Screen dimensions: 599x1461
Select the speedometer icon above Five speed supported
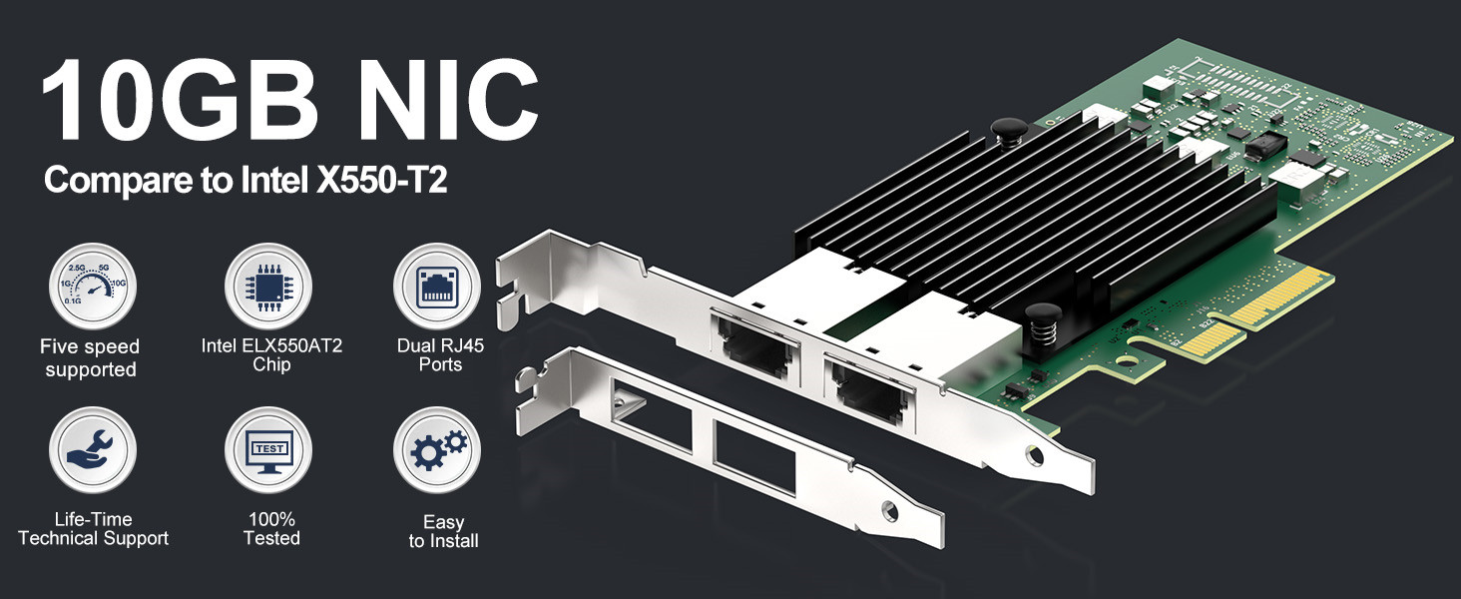point(92,288)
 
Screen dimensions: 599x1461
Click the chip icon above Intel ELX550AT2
point(267,288)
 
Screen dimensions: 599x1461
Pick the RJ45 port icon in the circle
point(436,288)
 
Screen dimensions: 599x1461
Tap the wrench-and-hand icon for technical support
point(92,450)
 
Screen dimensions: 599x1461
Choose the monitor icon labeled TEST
point(267,450)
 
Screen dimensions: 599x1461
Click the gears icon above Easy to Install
point(436,450)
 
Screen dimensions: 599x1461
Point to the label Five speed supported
point(90,358)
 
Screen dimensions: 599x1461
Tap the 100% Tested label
point(270,529)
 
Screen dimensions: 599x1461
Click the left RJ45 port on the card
point(753,341)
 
